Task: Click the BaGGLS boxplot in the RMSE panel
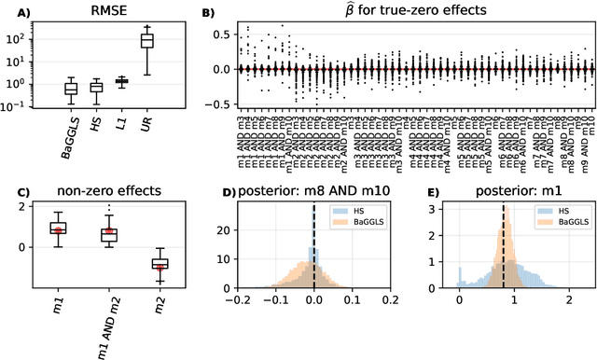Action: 71,89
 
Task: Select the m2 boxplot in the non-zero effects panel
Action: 160,264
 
